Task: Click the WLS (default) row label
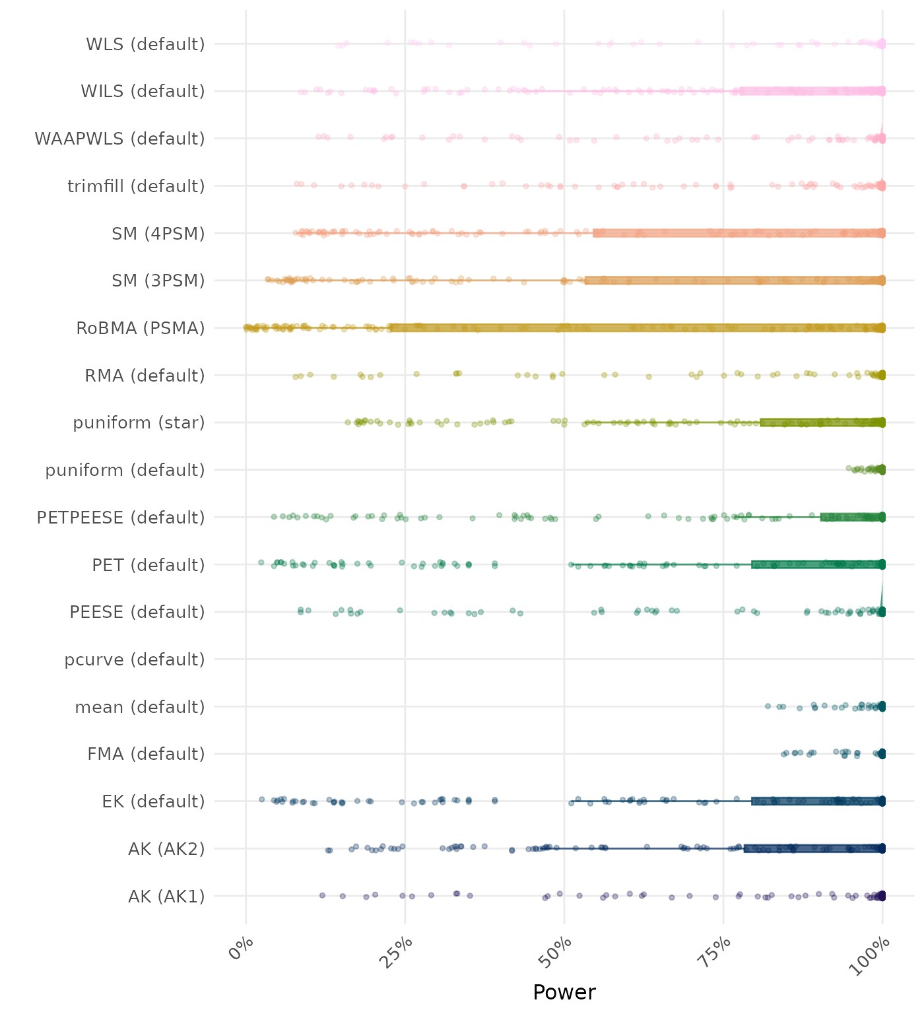pyautogui.click(x=145, y=44)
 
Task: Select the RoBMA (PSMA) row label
pyautogui.click(x=141, y=328)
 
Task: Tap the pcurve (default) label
pyautogui.click(x=135, y=659)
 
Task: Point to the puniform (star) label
pyautogui.click(x=139, y=422)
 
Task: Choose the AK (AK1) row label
pyautogui.click(x=166, y=896)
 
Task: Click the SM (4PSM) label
pyautogui.click(x=158, y=234)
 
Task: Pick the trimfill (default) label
pyautogui.click(x=136, y=186)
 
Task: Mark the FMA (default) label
pyautogui.click(x=146, y=754)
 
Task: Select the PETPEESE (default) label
pyautogui.click(x=121, y=518)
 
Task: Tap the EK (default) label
pyautogui.click(x=153, y=801)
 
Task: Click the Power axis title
pyautogui.click(x=564, y=992)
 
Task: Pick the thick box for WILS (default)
pyautogui.click(x=812, y=91)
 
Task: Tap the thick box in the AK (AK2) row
pyautogui.click(x=814, y=848)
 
